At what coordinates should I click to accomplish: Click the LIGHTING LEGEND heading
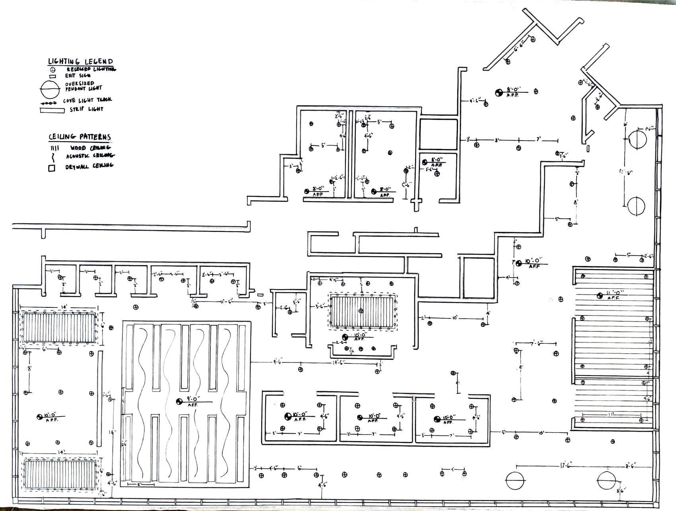(x=80, y=61)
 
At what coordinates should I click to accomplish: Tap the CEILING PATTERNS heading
(x=80, y=137)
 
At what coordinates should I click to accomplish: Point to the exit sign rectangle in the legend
(x=52, y=76)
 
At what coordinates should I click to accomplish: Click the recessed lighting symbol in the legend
(x=52, y=69)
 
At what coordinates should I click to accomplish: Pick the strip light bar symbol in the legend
(x=52, y=110)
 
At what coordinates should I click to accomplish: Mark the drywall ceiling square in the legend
(x=52, y=168)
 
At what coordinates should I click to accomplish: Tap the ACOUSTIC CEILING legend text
(x=90, y=156)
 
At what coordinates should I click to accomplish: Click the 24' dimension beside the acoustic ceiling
(x=124, y=444)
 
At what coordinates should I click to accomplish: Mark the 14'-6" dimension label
(x=339, y=362)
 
